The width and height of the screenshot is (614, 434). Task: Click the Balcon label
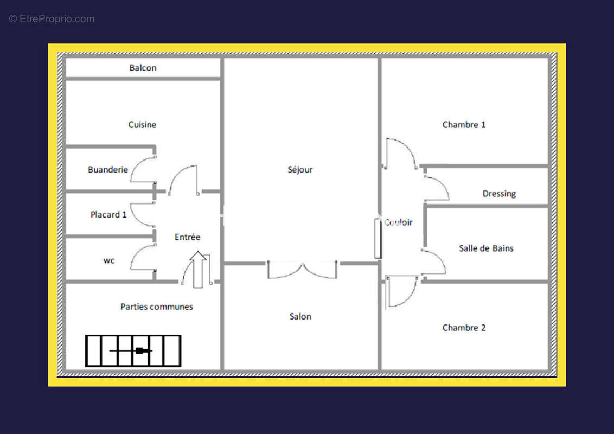pyautogui.click(x=143, y=68)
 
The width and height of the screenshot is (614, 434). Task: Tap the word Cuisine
pyautogui.click(x=142, y=125)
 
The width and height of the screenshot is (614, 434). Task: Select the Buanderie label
pyautogui.click(x=108, y=170)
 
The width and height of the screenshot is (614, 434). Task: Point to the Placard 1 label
pyautogui.click(x=108, y=215)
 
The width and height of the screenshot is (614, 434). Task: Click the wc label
pyautogui.click(x=109, y=260)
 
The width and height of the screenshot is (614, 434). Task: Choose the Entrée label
pyautogui.click(x=187, y=237)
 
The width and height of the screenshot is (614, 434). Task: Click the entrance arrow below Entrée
pyautogui.click(x=198, y=270)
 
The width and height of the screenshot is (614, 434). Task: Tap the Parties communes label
pyautogui.click(x=157, y=307)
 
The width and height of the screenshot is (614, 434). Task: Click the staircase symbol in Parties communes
pyautogui.click(x=133, y=351)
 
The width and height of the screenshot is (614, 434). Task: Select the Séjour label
pyautogui.click(x=300, y=170)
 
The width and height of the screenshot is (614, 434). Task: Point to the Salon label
pyautogui.click(x=300, y=316)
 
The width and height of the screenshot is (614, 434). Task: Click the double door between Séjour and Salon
pyautogui.click(x=302, y=270)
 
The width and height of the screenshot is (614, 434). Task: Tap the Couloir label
pyautogui.click(x=398, y=222)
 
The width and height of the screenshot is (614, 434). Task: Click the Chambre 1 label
pyautogui.click(x=464, y=125)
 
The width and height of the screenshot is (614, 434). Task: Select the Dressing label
pyautogui.click(x=499, y=194)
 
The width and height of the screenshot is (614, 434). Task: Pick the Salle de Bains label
pyautogui.click(x=486, y=248)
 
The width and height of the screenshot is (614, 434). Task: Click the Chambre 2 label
pyautogui.click(x=464, y=328)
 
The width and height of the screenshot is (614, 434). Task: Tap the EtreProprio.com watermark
pyautogui.click(x=52, y=19)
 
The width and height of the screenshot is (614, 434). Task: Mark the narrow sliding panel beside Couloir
pyautogui.click(x=378, y=239)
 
